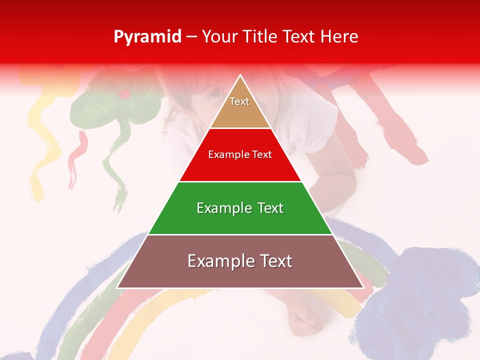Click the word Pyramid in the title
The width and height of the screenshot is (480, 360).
(147, 37)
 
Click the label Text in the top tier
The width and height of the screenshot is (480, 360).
(239, 101)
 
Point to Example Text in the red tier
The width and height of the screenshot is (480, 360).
(240, 154)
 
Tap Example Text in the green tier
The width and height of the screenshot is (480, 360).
(240, 208)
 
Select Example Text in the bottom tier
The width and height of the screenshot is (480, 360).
(240, 261)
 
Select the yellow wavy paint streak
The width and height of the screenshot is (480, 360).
(44, 140)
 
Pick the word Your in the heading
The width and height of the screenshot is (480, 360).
(218, 36)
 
